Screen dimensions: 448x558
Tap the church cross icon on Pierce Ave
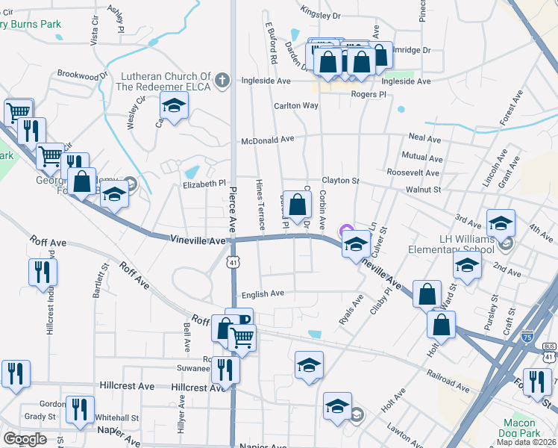pyautogui.click(x=222, y=81)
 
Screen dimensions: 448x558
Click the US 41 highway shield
pyautogui.click(x=233, y=262)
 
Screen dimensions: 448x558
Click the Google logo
pyautogui.click(x=25, y=439)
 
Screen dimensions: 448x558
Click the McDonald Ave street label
pyautogui.click(x=267, y=140)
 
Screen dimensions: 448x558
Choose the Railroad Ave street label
pyautogui.click(x=448, y=378)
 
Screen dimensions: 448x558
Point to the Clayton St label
pyautogui.click(x=340, y=181)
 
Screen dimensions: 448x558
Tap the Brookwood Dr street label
pyautogui.click(x=82, y=75)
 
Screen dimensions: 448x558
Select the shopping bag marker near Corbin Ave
pyautogui.click(x=297, y=205)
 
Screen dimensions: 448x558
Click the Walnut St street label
pyautogui.click(x=423, y=190)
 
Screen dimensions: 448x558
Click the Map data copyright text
pyautogui.click(x=527, y=441)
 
